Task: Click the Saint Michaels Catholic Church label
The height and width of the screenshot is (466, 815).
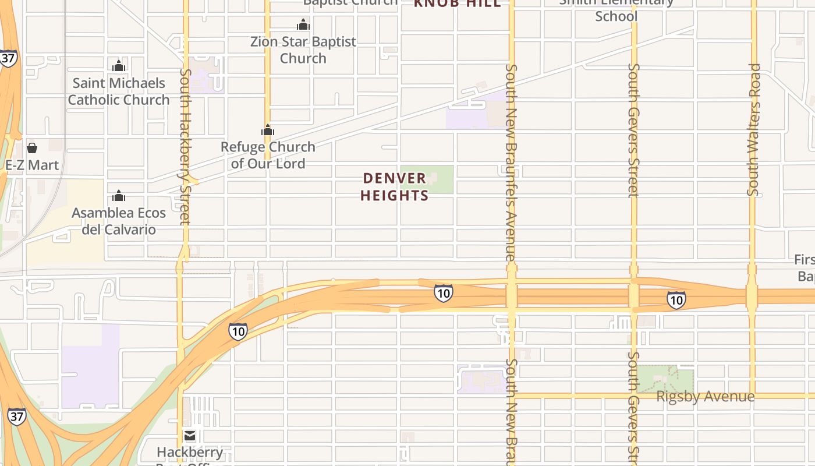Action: point(119,91)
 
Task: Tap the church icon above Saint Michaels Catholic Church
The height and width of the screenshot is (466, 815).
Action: point(119,66)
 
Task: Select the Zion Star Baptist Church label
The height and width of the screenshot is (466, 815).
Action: point(303,50)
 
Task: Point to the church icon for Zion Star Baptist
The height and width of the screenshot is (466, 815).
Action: point(303,24)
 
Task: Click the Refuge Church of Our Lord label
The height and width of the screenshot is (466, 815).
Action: point(268,155)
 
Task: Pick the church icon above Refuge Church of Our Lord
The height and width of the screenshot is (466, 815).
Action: point(268,130)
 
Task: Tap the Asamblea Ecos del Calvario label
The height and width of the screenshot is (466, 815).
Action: point(119,221)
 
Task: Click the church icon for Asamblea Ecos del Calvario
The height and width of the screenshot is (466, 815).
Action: point(119,196)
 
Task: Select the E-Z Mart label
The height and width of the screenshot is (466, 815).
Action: point(32,165)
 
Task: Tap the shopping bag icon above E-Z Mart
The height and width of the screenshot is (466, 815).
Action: point(32,148)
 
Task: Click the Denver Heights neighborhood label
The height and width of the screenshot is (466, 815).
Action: point(394,186)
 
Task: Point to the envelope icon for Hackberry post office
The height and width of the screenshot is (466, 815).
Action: point(190,435)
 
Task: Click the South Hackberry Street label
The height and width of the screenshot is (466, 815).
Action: point(185,146)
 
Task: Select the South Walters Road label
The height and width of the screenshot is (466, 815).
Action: point(754,129)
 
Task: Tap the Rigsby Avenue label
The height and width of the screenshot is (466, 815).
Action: point(705,397)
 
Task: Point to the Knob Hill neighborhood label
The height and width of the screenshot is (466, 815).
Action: point(457,3)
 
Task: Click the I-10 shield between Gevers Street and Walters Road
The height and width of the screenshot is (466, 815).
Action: point(676,300)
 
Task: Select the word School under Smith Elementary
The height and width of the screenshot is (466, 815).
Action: point(616,16)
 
